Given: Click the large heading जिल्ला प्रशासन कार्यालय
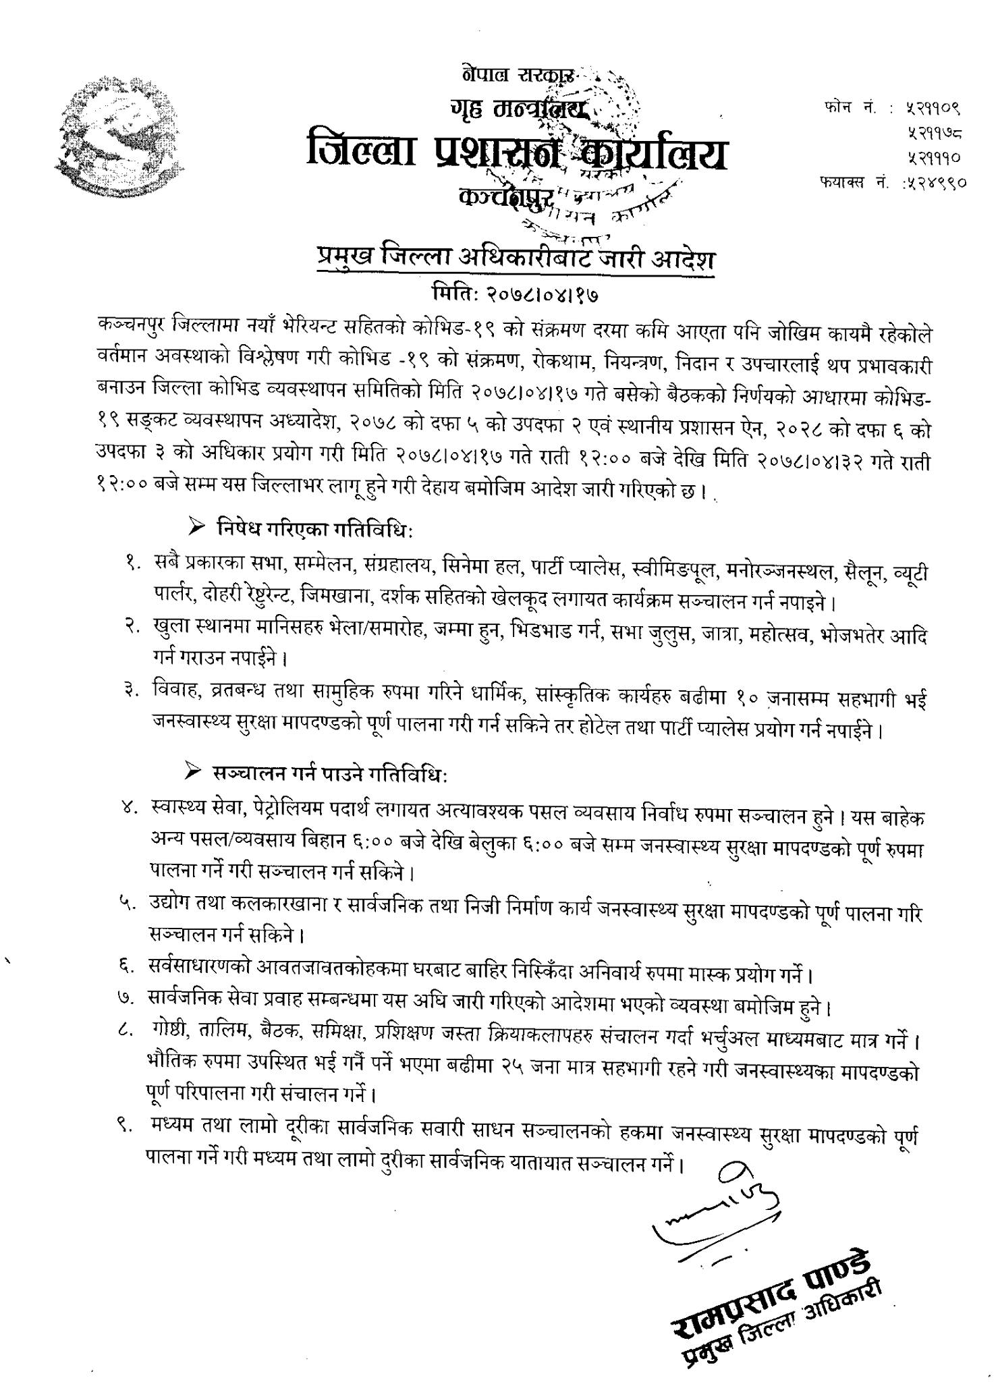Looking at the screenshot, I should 517,151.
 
